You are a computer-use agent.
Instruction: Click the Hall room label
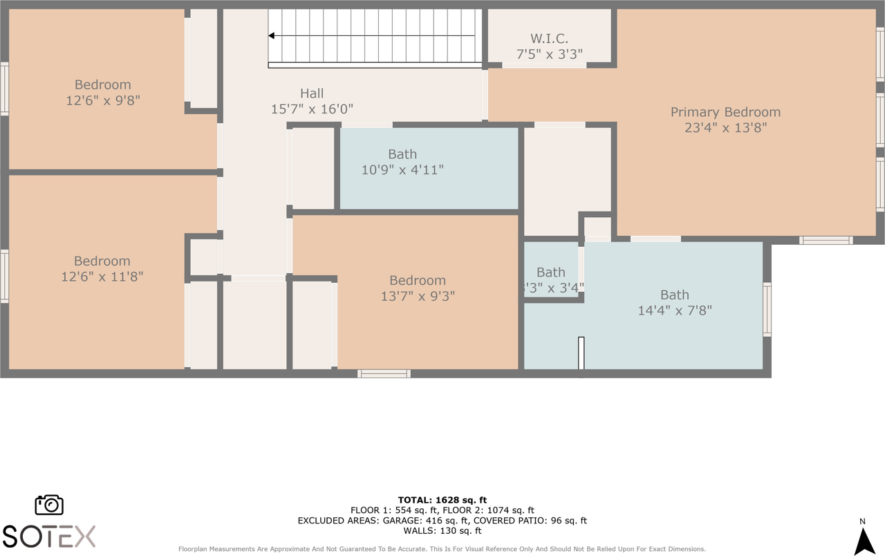click(x=312, y=93)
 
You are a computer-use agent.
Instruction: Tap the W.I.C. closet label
click(x=549, y=39)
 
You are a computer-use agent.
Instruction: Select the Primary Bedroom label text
click(x=725, y=112)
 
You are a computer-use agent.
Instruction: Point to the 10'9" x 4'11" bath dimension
click(x=402, y=170)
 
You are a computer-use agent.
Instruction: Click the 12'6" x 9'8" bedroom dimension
click(x=103, y=101)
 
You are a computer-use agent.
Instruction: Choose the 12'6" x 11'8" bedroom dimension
click(x=102, y=277)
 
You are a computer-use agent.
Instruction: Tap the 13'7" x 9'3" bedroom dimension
click(x=418, y=296)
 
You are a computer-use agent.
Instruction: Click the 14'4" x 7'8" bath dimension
click(x=675, y=311)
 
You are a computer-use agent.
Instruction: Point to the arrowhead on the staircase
click(x=272, y=36)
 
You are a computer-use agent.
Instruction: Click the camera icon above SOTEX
click(x=49, y=505)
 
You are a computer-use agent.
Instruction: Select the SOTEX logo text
click(x=49, y=536)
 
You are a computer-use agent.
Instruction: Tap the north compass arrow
click(x=864, y=541)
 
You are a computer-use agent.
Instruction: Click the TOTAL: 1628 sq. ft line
click(x=442, y=500)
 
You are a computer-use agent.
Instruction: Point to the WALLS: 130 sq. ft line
click(x=442, y=530)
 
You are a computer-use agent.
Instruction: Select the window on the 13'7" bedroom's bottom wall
click(x=384, y=374)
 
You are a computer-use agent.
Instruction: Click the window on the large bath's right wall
click(x=767, y=309)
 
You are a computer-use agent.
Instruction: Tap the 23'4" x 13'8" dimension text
click(x=725, y=128)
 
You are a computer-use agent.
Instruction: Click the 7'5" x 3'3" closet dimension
click(x=549, y=54)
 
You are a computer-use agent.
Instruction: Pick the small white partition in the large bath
click(x=581, y=353)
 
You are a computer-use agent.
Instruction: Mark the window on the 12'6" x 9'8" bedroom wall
click(x=4, y=89)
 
